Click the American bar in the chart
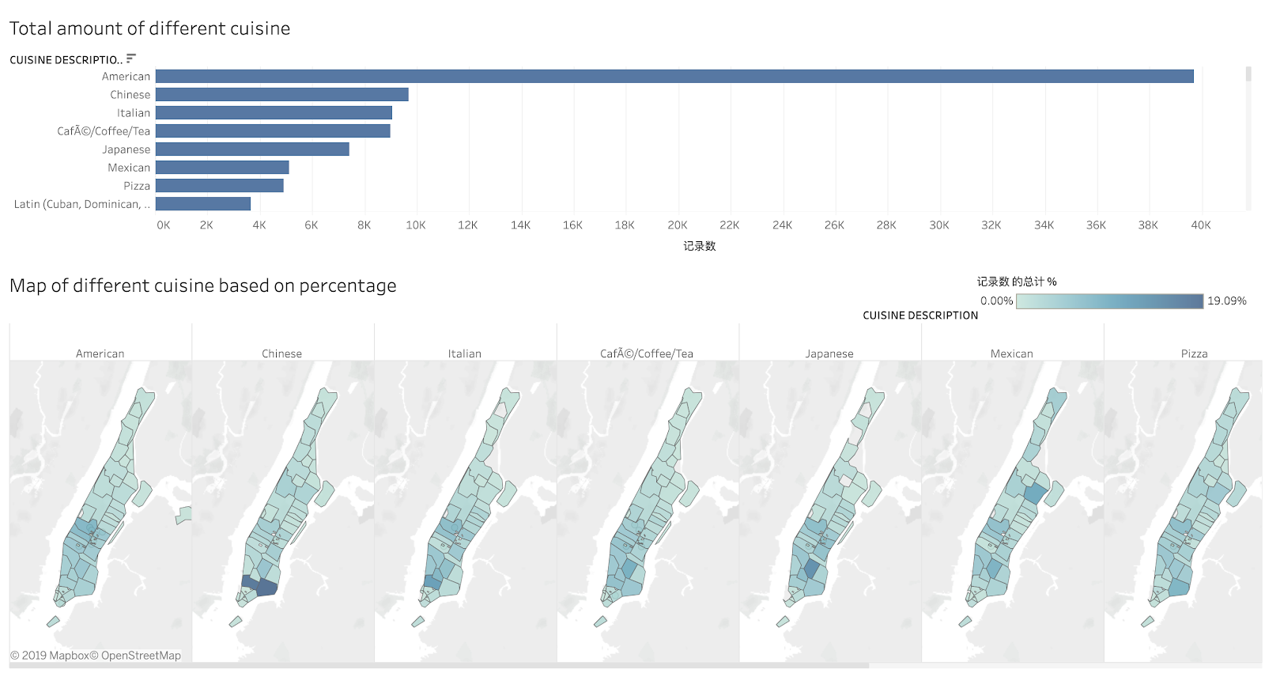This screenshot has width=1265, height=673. pos(674,76)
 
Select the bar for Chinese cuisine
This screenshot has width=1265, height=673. pos(281,94)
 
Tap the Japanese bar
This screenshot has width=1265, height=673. pos(252,149)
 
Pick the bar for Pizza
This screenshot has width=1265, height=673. pos(219,185)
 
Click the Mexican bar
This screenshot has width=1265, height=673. pos(222,167)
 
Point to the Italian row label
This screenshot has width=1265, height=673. pos(134,113)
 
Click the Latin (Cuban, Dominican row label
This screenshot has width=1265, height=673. pos(81,204)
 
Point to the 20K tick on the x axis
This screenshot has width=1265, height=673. pos(678,225)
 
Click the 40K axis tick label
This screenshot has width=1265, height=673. pos(1201,225)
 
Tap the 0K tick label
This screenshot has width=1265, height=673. pos(164,225)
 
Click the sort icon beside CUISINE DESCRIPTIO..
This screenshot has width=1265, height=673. pos(131,59)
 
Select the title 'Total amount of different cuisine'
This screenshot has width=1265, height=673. pos(149,28)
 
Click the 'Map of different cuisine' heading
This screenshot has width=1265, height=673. pos(203,285)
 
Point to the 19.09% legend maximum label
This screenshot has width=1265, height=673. pos(1226,301)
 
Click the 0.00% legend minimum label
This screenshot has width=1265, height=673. pos(996,301)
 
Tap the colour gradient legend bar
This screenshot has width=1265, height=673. pos(1109,301)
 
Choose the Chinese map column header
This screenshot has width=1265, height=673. pos(282,354)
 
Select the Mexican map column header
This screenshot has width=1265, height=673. pos(1012,354)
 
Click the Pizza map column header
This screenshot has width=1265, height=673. pos(1194,354)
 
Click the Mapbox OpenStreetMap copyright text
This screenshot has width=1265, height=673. pos(96,656)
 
